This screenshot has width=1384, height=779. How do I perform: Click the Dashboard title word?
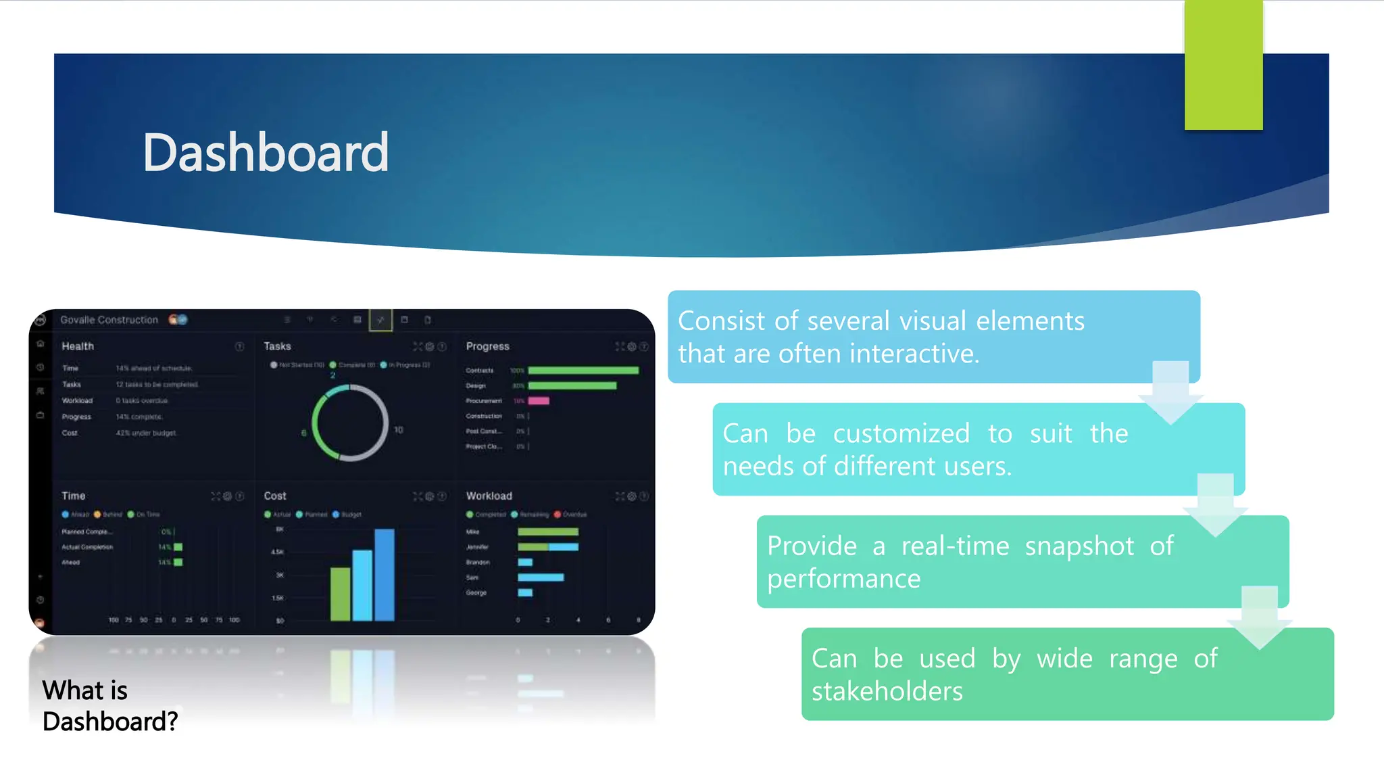pyautogui.click(x=266, y=154)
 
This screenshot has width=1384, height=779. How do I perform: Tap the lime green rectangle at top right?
pyautogui.click(x=1223, y=65)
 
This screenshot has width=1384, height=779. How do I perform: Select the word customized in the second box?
pyautogui.click(x=901, y=433)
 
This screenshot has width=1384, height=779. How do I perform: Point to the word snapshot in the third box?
pyautogui.click(x=1079, y=546)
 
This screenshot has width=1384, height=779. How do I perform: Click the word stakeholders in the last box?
pyautogui.click(x=887, y=692)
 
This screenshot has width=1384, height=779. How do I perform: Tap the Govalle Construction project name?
pyautogui.click(x=109, y=320)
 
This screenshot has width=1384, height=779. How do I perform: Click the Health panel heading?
pyautogui.click(x=78, y=346)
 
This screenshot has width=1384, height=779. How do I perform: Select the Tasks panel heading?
pyautogui.click(x=277, y=346)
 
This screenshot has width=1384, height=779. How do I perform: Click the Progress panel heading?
pyautogui.click(x=487, y=346)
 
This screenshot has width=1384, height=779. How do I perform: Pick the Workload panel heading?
pyautogui.click(x=489, y=496)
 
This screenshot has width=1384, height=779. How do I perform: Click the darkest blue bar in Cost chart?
pyautogui.click(x=385, y=575)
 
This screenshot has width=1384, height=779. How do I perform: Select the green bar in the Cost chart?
pyautogui.click(x=340, y=594)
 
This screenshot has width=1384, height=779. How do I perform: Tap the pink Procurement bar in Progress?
pyautogui.click(x=539, y=401)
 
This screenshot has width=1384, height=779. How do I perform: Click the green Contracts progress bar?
pyautogui.click(x=583, y=371)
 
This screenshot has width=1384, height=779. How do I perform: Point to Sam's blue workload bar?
pyautogui.click(x=541, y=577)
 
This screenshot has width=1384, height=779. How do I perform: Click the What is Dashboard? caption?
pyautogui.click(x=109, y=706)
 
